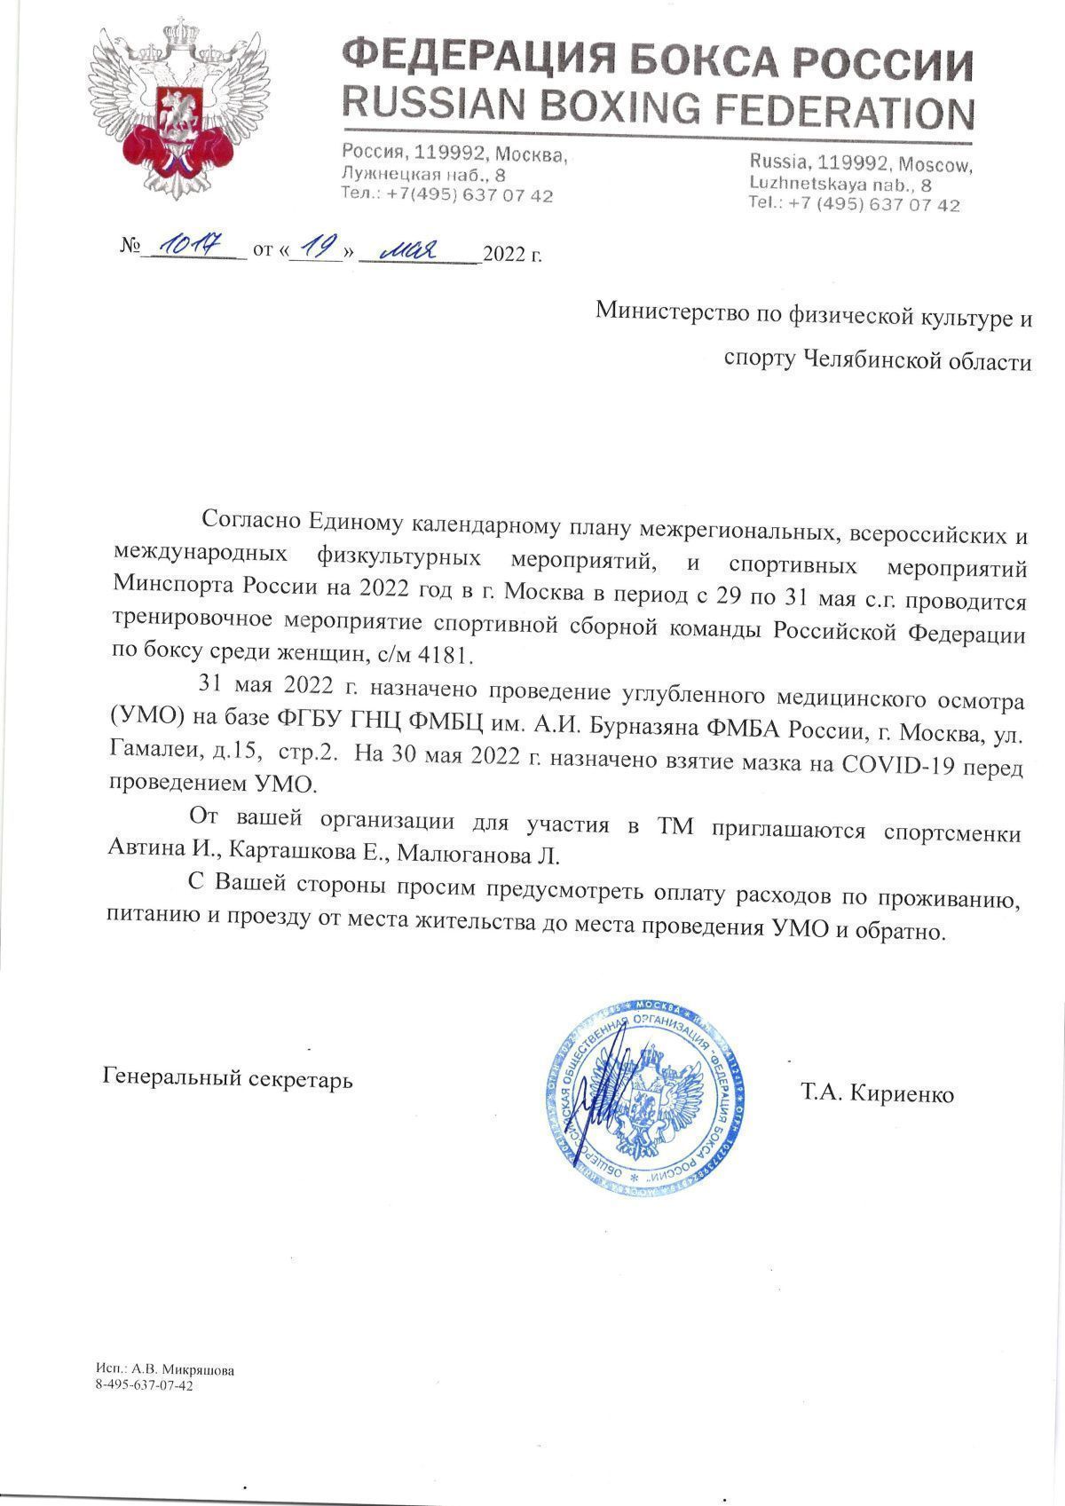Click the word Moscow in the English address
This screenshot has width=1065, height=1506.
point(935,166)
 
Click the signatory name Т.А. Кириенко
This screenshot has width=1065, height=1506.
point(877,1094)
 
